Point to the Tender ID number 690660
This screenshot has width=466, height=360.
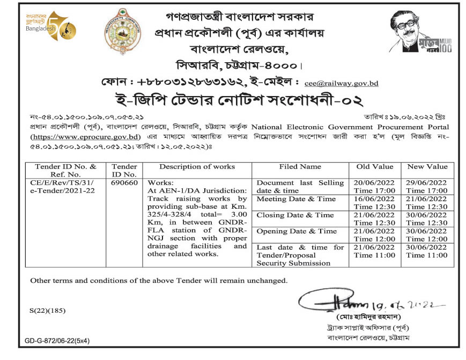[124, 182]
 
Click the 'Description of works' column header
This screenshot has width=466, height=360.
[197, 167]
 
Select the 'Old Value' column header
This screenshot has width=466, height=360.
[374, 167]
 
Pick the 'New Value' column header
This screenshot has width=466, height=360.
[427, 167]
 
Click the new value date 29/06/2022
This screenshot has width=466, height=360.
[427, 183]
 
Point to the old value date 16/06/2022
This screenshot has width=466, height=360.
[374, 199]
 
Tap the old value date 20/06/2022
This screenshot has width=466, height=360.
[374, 183]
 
